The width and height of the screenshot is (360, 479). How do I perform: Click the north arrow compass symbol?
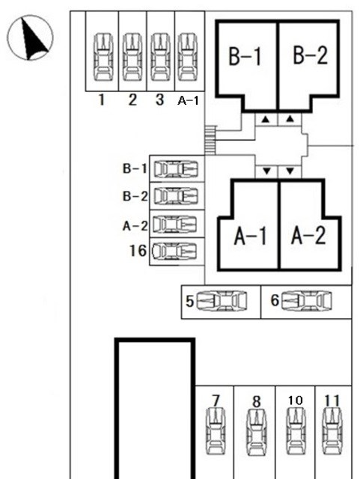point(30,37)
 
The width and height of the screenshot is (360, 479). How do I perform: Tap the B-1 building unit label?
point(245,56)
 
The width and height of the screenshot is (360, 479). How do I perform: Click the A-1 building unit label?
point(251,236)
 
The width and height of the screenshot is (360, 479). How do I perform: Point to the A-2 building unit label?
point(308,236)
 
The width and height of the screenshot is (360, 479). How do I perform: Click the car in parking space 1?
point(103,57)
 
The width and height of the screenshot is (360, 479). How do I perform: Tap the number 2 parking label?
point(132,100)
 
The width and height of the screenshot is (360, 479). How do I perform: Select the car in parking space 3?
point(161,57)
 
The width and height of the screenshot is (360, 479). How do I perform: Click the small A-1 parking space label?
point(188,100)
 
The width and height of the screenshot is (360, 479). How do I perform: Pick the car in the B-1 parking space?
point(176,169)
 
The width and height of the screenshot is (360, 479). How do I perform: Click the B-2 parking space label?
point(135,196)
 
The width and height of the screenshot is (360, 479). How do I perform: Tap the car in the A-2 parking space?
point(174,224)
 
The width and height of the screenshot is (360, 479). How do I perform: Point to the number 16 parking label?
point(138,251)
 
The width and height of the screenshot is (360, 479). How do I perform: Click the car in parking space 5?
point(222,301)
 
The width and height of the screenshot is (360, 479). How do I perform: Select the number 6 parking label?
point(275,300)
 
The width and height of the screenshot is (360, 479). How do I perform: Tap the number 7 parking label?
point(216,401)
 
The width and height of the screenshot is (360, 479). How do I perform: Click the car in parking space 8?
point(257,432)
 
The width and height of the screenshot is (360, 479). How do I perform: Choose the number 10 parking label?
point(295,400)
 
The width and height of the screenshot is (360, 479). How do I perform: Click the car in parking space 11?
point(332,431)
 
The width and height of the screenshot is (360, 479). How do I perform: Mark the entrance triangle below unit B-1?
point(266,120)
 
